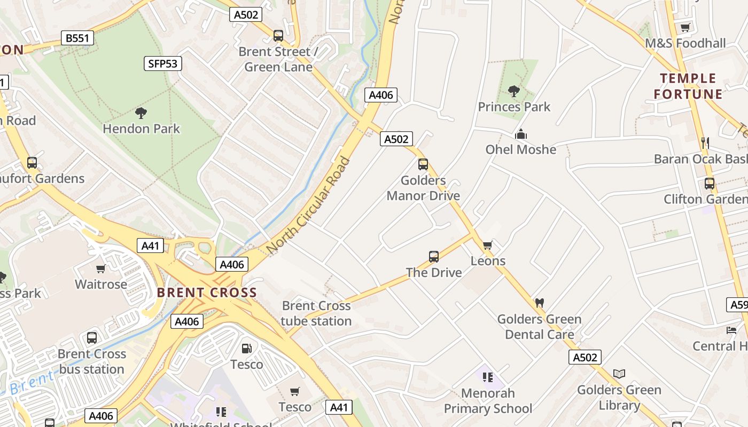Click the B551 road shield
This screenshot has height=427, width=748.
[x=77, y=38]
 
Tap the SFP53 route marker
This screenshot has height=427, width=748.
[x=163, y=64]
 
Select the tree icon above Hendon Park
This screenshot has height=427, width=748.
[x=141, y=113]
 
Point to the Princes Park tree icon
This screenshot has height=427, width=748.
[x=514, y=91]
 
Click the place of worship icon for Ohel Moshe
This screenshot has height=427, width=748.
[x=520, y=134]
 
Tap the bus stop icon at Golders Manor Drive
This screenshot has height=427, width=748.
[x=423, y=164]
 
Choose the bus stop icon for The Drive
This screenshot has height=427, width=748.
[x=433, y=257]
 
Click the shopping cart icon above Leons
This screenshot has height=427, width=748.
[x=487, y=246]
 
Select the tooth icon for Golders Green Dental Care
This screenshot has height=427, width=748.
[x=539, y=303]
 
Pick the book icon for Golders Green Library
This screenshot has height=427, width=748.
[x=619, y=374]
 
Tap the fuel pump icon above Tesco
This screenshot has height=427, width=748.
[x=246, y=349]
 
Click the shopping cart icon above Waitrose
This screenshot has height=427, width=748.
[x=100, y=268]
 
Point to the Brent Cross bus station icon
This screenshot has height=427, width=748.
[x=92, y=338]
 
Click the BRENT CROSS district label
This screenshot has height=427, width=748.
[x=207, y=292]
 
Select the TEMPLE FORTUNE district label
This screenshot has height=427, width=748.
[x=688, y=86]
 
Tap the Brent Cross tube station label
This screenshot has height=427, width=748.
[x=316, y=313]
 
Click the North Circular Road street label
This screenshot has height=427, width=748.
[x=309, y=205]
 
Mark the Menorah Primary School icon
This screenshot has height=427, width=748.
[x=487, y=377]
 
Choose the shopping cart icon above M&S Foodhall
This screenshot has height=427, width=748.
[x=685, y=27]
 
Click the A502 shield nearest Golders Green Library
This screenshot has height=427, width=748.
[x=585, y=357]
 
